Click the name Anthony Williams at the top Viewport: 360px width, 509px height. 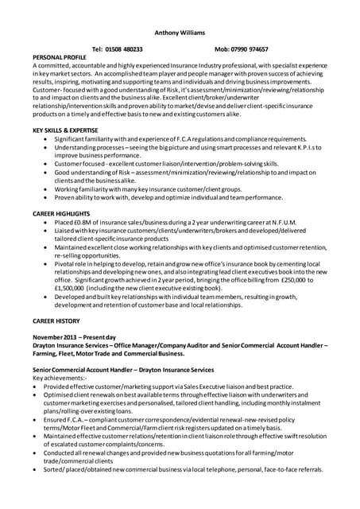179,33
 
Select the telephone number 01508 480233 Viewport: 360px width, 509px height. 123,49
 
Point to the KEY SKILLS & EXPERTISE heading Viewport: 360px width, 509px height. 70,129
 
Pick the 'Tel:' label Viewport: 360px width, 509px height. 99,49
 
